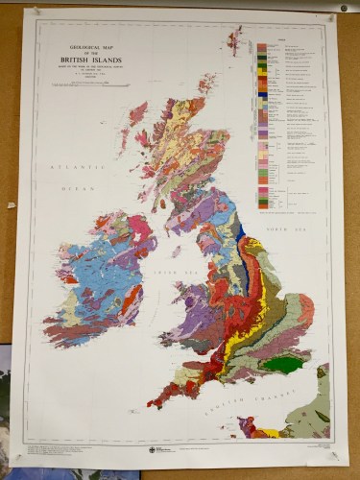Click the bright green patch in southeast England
point(282,365)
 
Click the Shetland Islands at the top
point(233,39)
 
